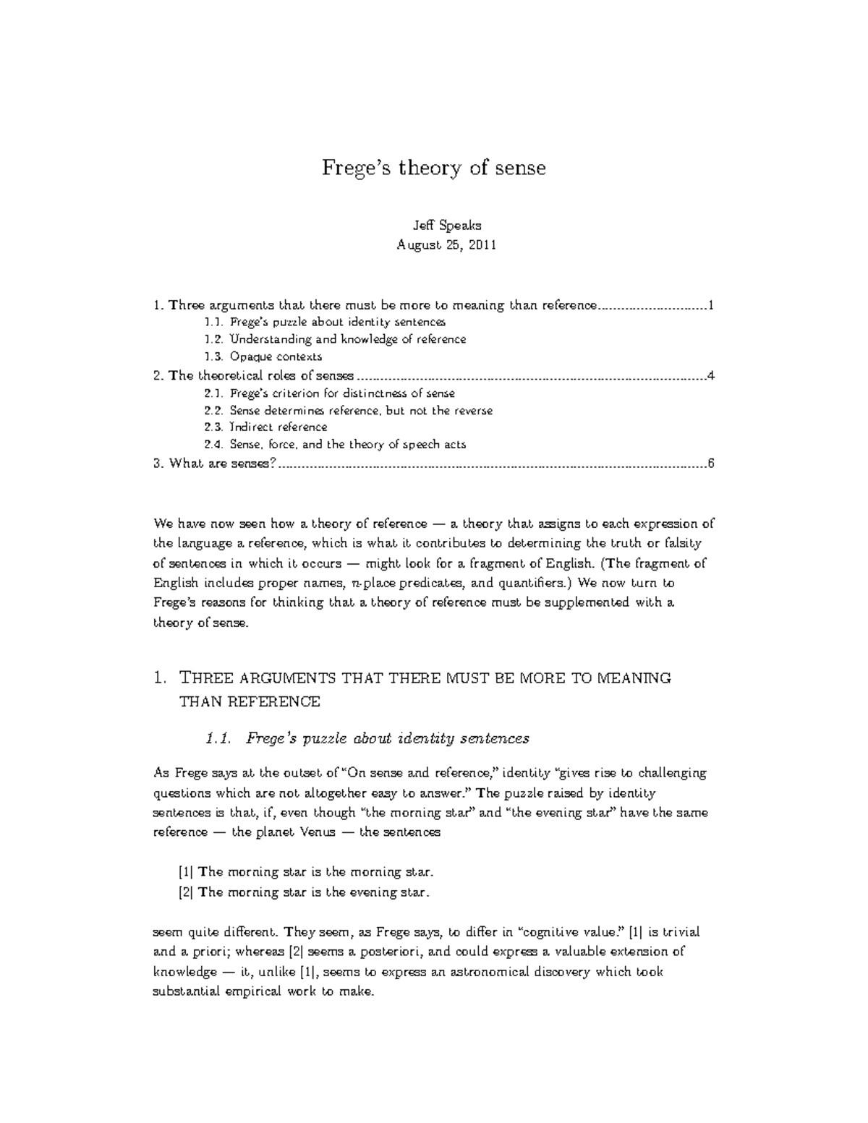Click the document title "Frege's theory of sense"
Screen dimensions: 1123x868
coord(433,168)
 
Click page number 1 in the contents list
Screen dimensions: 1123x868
coord(711,305)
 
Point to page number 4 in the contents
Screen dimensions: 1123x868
coord(711,375)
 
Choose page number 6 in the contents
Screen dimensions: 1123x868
coord(711,464)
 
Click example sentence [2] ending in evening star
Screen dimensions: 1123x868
coord(304,892)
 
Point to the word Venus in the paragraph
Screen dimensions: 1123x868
coord(318,832)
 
